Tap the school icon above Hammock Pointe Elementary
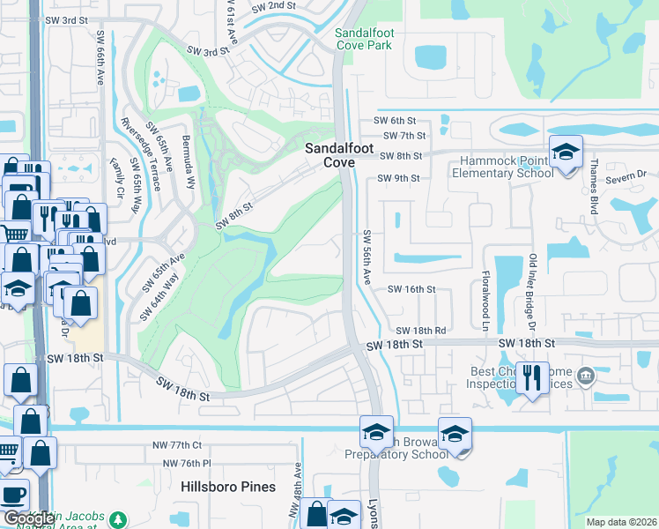[x=566, y=153]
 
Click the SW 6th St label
[x=394, y=120]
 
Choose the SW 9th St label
[x=398, y=178]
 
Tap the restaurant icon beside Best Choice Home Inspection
[x=532, y=378]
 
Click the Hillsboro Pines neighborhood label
[x=228, y=487]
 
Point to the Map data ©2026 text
[x=620, y=522]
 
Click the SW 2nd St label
[x=273, y=6]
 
